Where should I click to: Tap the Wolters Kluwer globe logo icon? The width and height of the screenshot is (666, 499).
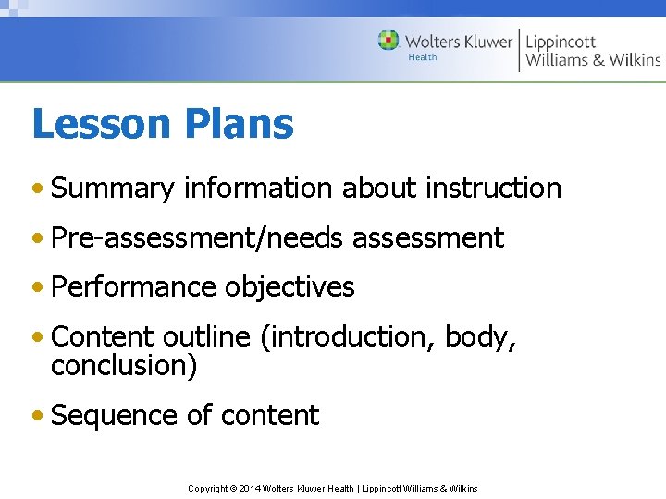(388, 41)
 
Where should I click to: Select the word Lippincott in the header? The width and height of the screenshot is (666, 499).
(561, 42)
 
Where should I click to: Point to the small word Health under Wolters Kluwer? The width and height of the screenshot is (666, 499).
(422, 57)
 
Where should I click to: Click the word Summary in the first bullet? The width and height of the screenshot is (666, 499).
(113, 189)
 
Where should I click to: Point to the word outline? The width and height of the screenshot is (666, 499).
(209, 337)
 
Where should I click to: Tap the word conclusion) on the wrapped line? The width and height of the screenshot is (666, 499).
(124, 366)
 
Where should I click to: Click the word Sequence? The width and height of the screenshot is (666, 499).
(115, 416)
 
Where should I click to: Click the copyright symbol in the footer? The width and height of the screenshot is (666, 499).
(232, 488)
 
